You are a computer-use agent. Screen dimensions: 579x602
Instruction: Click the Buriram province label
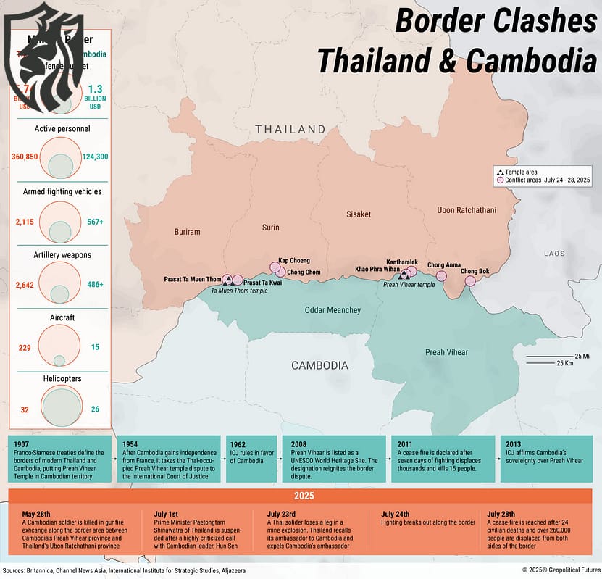click(x=187, y=232)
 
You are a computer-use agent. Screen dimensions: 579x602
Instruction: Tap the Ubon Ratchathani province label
click(x=467, y=210)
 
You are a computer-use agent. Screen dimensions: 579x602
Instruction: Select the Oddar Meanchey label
click(x=333, y=310)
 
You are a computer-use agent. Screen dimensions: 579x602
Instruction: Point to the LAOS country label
click(x=554, y=254)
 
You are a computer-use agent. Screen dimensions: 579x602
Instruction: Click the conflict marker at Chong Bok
click(x=470, y=280)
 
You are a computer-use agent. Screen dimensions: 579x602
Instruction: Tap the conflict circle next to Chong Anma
click(x=441, y=275)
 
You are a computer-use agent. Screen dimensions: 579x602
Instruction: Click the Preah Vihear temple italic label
click(x=409, y=285)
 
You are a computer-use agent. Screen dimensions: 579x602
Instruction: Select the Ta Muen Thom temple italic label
click(x=239, y=290)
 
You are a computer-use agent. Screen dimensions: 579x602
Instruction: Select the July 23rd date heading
click(x=283, y=513)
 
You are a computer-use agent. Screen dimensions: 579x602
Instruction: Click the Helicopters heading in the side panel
click(x=58, y=379)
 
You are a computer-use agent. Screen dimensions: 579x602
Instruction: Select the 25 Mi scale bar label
click(x=582, y=356)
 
